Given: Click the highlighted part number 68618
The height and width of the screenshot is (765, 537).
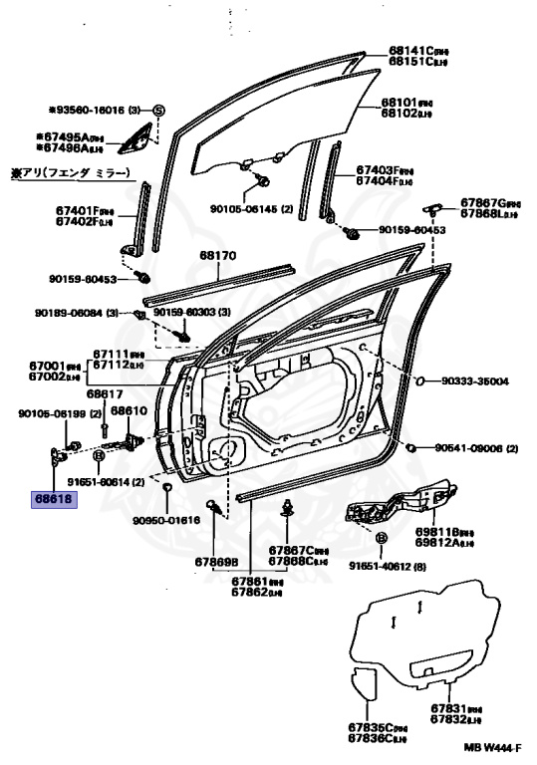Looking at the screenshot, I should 54,499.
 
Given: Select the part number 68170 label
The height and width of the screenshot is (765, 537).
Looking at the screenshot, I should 217,256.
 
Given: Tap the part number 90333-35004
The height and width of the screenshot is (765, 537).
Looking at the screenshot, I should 474,381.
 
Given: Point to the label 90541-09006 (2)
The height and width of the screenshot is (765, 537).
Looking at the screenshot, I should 476,449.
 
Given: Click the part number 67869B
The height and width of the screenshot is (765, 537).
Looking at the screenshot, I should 216,562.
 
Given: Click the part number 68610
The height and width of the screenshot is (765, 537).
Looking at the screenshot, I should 129,410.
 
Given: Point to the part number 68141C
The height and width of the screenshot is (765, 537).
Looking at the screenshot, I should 408,50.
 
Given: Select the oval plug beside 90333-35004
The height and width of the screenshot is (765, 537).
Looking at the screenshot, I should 421,380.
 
